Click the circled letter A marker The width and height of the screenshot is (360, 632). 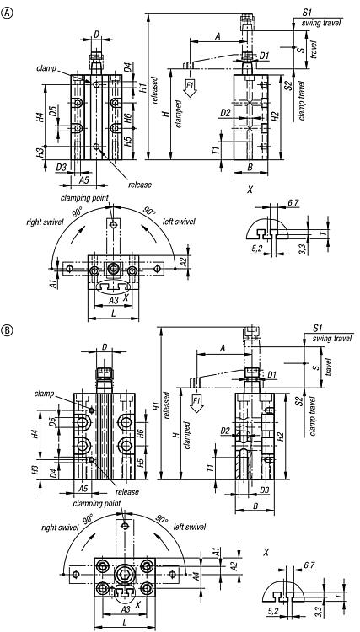click(8, 13)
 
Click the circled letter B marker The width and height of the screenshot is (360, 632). click(8, 331)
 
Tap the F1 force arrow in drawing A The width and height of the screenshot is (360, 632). click(190, 88)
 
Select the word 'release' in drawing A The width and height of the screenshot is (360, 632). click(140, 185)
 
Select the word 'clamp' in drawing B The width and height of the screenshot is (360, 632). click(45, 393)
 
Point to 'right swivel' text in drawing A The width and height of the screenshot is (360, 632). click(45, 222)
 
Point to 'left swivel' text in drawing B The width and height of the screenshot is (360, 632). click(190, 527)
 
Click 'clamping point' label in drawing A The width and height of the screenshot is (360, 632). click(84, 198)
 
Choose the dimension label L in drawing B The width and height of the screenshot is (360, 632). click(124, 623)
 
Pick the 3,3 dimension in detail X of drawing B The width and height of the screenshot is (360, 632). click(320, 612)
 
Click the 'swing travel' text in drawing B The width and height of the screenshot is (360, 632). click(332, 339)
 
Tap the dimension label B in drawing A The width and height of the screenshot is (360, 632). click(250, 168)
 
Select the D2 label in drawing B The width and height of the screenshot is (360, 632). click(225, 431)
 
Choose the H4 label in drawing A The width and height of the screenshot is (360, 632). click(39, 117)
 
